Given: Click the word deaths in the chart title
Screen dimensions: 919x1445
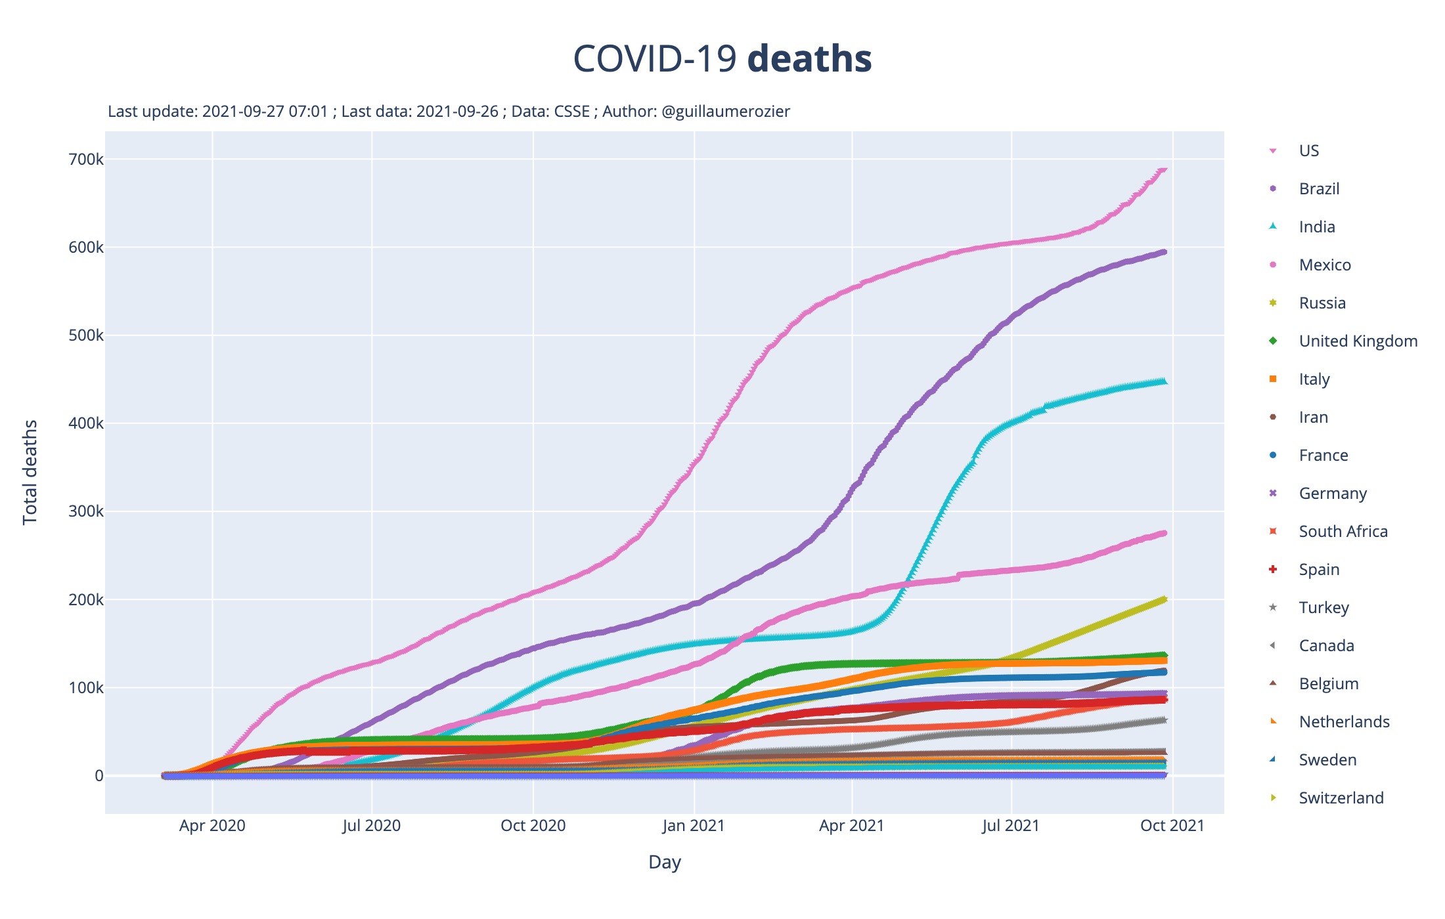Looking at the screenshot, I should coord(809,59).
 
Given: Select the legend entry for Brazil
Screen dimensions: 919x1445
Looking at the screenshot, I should coord(1319,189).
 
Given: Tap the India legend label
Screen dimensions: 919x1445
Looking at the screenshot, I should coord(1317,227).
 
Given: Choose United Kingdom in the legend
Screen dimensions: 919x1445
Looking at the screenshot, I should coord(1358,341).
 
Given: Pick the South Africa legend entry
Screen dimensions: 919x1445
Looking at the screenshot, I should coord(1343,532).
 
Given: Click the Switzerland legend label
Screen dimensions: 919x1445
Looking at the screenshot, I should coord(1341,798).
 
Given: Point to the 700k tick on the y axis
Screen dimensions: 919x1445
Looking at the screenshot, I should coord(86,160).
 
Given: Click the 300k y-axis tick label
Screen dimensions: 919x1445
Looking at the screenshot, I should coord(86,511).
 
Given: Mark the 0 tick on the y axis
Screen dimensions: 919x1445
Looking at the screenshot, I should coord(99,776).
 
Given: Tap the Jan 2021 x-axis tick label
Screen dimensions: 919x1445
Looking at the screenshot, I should coord(693,826).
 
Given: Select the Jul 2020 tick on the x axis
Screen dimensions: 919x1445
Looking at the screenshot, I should coord(372,826).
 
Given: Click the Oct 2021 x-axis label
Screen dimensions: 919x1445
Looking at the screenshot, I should coord(1172,826).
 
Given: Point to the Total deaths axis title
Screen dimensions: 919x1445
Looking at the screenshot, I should coord(30,473).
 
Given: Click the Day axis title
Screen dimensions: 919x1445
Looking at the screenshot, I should coord(664,862).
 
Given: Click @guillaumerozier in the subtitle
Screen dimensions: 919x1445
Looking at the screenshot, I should coord(726,112).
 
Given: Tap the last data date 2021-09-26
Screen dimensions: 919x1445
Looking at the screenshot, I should coord(457,112).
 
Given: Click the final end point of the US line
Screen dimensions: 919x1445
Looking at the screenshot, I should coord(1163,169).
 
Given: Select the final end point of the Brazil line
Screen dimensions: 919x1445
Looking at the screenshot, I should coord(1163,252).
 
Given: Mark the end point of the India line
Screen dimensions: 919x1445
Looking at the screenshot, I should coord(1163,381).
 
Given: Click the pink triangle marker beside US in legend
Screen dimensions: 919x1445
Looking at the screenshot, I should coord(1273,151).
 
